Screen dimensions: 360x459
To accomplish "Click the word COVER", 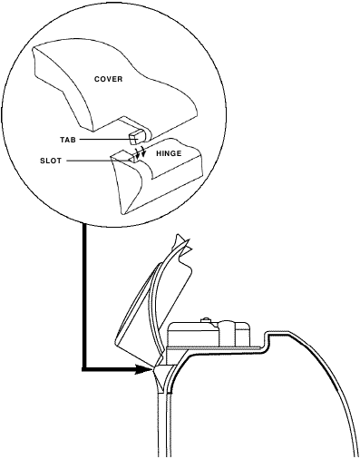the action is point(108,79).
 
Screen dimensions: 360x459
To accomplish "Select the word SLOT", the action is point(52,161).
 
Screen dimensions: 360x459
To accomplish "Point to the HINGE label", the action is point(170,153).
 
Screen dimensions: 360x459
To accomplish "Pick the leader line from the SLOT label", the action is point(91,161).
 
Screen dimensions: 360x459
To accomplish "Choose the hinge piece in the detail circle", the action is point(154,181).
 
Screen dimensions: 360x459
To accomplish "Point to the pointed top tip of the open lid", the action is point(177,238).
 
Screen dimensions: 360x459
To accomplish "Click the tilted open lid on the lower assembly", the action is point(150,299).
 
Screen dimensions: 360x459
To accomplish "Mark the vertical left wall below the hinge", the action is point(161,426).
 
